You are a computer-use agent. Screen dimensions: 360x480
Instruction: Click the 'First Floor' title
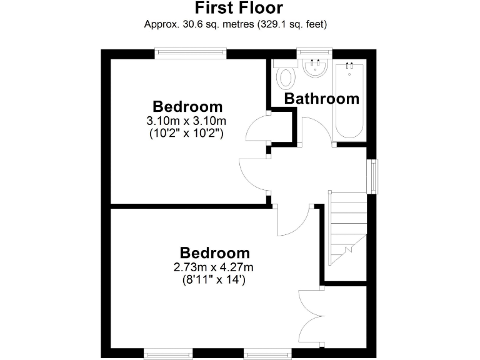(239, 8)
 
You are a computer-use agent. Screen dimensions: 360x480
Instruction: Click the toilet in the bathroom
(286, 78)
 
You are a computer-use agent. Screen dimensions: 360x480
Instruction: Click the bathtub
(349, 100)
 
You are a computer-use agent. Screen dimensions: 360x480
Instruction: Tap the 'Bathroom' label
(322, 99)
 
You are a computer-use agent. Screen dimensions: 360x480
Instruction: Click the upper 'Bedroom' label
(187, 106)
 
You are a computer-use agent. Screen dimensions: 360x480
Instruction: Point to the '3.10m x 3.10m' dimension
(186, 120)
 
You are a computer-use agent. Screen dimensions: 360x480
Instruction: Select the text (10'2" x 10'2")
(186, 132)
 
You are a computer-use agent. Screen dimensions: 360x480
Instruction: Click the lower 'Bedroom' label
(214, 253)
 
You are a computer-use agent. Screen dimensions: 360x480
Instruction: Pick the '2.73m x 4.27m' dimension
(214, 267)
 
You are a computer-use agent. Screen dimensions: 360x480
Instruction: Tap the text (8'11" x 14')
(214, 280)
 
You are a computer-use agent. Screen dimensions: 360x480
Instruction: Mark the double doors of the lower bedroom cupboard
(311, 315)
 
